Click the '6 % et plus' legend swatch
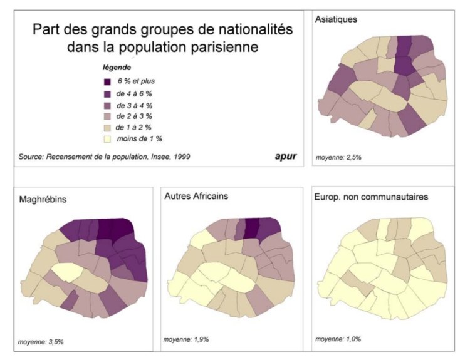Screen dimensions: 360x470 [108, 81]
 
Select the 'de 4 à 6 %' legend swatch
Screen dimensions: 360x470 [108, 93]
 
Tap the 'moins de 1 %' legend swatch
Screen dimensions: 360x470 [108, 138]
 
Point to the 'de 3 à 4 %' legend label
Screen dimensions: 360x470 [138, 105]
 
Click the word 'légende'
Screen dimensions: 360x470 [116, 68]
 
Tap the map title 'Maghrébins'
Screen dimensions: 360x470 [43, 200]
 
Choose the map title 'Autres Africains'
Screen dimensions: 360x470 [196, 197]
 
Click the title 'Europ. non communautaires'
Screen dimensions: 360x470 [370, 197]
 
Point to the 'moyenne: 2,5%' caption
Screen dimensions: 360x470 [339, 157]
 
